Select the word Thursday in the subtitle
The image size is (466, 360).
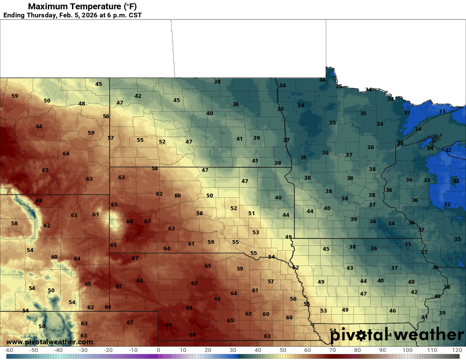(x=44, y=15)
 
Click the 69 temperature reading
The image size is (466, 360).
(x=169, y=325)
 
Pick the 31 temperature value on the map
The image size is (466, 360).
(x=442, y=112)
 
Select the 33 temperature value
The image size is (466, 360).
(x=456, y=181)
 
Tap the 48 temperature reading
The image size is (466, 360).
(x=82, y=104)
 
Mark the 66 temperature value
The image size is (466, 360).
(x=217, y=299)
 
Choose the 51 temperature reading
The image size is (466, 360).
(x=252, y=213)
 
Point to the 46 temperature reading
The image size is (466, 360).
(x=393, y=311)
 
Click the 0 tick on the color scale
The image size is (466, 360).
(x=158, y=350)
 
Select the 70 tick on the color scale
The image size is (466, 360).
(x=333, y=350)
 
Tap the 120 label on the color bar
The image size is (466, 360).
(x=457, y=350)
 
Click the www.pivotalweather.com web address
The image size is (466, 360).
(x=50, y=342)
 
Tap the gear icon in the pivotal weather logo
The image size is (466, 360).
(x=361, y=335)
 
